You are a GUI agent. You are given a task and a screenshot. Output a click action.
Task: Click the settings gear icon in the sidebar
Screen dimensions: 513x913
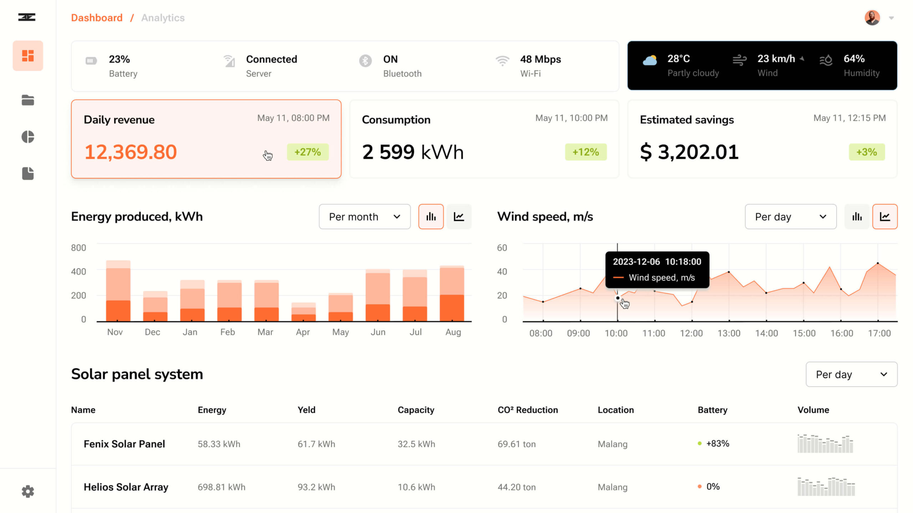[28, 492]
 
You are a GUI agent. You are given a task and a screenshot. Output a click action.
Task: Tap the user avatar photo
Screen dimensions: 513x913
[872, 18]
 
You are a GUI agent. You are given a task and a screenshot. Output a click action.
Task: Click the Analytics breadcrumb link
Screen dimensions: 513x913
[163, 18]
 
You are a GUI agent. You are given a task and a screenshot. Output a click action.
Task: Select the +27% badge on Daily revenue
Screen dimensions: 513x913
[307, 152]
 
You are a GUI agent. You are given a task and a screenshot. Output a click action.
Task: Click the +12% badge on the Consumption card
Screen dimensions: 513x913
[586, 152]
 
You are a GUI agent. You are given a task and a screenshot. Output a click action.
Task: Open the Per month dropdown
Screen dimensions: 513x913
[364, 217]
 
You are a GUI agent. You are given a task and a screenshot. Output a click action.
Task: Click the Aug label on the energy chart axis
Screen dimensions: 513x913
[453, 332]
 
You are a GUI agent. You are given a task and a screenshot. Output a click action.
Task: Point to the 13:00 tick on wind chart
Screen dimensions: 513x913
[729, 333]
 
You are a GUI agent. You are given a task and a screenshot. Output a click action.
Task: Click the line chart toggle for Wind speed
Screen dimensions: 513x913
[885, 217]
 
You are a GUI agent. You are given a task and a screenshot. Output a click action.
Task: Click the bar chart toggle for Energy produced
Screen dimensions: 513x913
[431, 217]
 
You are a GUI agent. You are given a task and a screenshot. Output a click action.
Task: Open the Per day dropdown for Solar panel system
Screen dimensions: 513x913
[851, 374]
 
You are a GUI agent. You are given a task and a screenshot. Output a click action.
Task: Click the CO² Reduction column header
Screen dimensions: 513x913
[527, 410]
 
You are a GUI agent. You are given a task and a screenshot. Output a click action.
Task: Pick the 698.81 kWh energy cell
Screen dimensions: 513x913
[221, 487]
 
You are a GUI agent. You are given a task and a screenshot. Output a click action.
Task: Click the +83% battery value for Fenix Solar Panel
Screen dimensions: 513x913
[718, 444]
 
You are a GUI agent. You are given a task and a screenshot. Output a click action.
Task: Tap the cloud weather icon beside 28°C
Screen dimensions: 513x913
[650, 61]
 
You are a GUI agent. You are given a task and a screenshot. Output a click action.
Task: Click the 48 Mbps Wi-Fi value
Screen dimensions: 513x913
[540, 59]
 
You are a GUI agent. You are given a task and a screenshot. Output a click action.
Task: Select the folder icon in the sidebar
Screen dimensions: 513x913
[28, 100]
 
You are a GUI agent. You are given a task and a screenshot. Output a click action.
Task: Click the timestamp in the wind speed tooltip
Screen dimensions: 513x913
[657, 262]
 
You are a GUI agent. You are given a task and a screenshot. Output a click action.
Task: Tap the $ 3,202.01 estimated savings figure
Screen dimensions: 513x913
[689, 152]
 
